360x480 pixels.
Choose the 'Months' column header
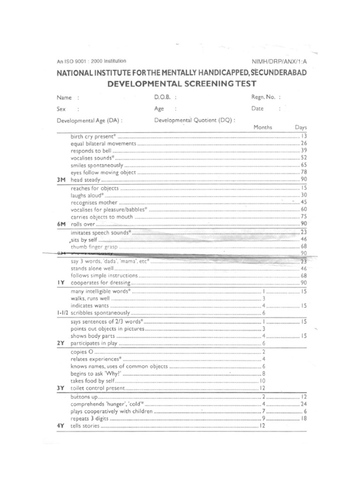pos(262,127)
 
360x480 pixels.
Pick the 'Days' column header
pos(300,127)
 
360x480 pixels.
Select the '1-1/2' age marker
pos(63,313)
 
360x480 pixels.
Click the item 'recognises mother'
pos(94,202)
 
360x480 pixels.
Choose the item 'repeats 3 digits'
pos(91,418)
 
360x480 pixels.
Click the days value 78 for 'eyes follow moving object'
pos(303,172)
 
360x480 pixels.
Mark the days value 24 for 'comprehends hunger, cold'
pos(303,404)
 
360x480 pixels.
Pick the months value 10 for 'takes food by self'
pos(263,382)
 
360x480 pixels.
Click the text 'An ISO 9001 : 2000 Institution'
pos(91,61)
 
